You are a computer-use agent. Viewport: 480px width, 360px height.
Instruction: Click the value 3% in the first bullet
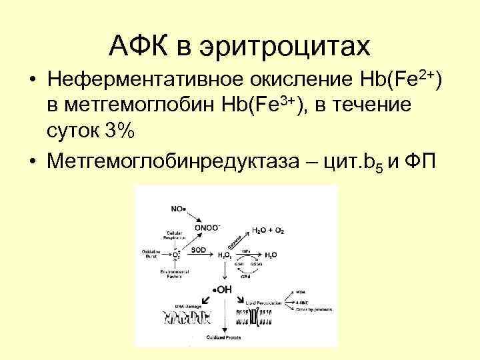[117, 132]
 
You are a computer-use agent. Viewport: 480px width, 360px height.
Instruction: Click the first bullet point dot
[32, 81]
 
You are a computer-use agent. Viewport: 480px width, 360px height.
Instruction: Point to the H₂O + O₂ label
[268, 230]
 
